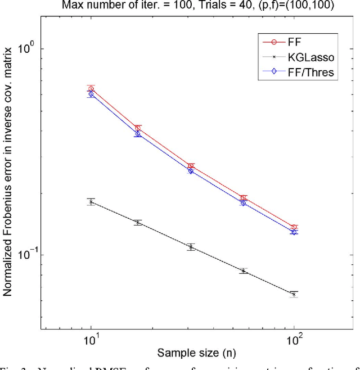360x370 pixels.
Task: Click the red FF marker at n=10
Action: pyautogui.click(x=91, y=89)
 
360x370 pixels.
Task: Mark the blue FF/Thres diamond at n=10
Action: pyautogui.click(x=91, y=94)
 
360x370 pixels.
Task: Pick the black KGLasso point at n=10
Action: pyautogui.click(x=91, y=202)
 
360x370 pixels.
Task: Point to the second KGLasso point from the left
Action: pyautogui.click(x=138, y=223)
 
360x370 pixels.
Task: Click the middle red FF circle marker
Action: pyautogui.click(x=191, y=166)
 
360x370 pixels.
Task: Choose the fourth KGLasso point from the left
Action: pyautogui.click(x=243, y=271)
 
